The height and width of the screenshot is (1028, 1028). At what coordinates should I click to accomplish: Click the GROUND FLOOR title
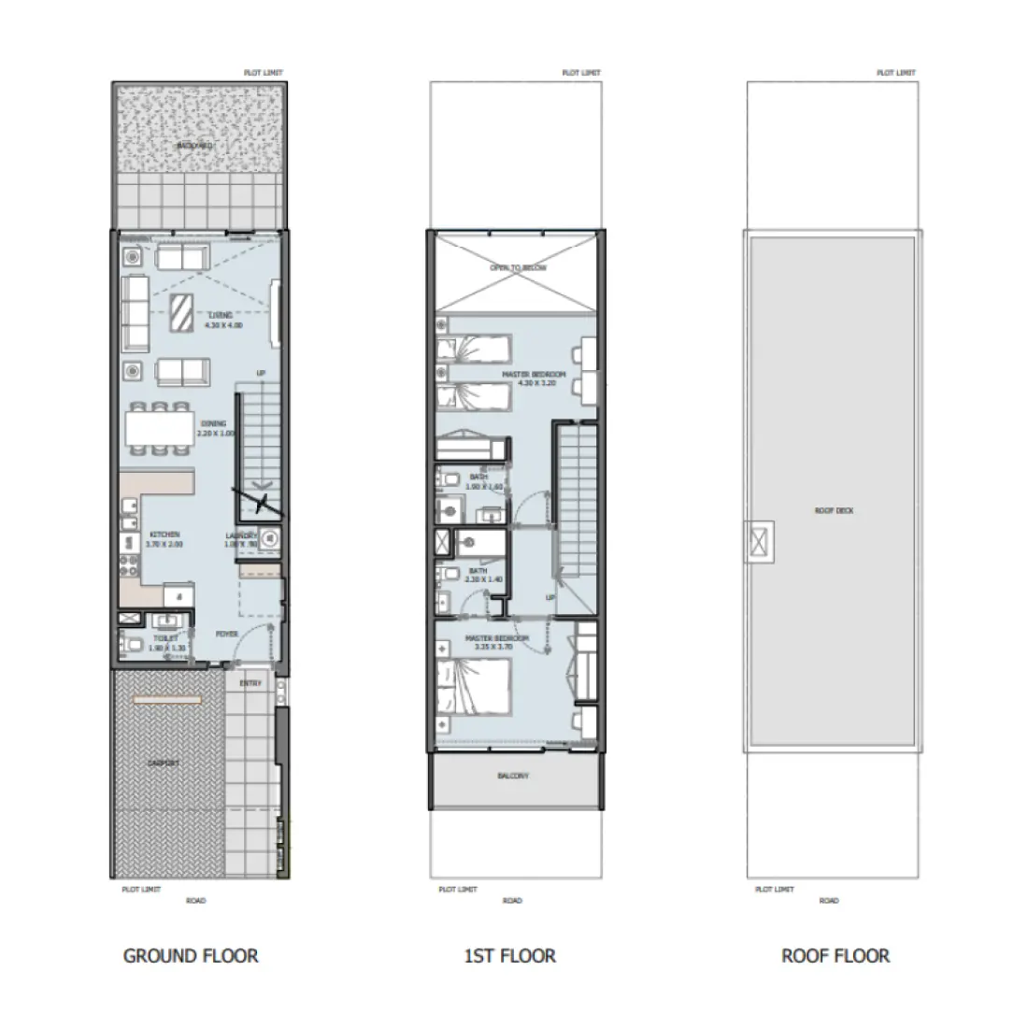point(191,955)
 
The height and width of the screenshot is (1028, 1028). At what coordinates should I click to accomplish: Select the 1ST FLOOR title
point(509,955)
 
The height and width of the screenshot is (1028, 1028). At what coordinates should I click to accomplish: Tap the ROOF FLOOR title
point(835,955)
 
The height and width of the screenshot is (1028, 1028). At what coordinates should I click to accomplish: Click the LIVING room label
point(221,316)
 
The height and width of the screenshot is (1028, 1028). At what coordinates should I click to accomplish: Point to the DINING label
point(212,423)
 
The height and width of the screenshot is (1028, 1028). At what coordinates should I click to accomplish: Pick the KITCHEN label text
point(164,535)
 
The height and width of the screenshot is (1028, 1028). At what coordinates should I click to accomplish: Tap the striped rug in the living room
point(181,313)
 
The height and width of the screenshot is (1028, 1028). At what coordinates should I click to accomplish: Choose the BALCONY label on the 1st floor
point(513,776)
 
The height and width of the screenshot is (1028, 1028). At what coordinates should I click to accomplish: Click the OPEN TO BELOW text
point(519,267)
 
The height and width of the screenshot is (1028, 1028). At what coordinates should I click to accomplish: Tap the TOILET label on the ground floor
point(164,637)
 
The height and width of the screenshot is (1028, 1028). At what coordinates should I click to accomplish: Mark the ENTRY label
point(250,683)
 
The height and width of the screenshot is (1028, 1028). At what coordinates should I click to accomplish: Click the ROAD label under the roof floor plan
point(828,901)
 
